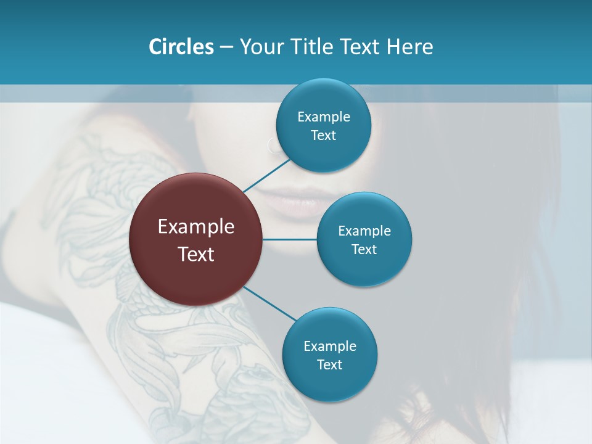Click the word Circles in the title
[181, 46]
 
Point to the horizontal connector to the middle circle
[290, 239]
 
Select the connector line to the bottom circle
[269, 303]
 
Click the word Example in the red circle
[196, 227]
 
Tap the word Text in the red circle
[196, 254]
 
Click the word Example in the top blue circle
[324, 117]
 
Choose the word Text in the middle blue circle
[364, 249]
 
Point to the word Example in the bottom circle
[330, 346]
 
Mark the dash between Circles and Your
[226, 47]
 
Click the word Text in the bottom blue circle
[330, 364]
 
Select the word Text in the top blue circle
[324, 135]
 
